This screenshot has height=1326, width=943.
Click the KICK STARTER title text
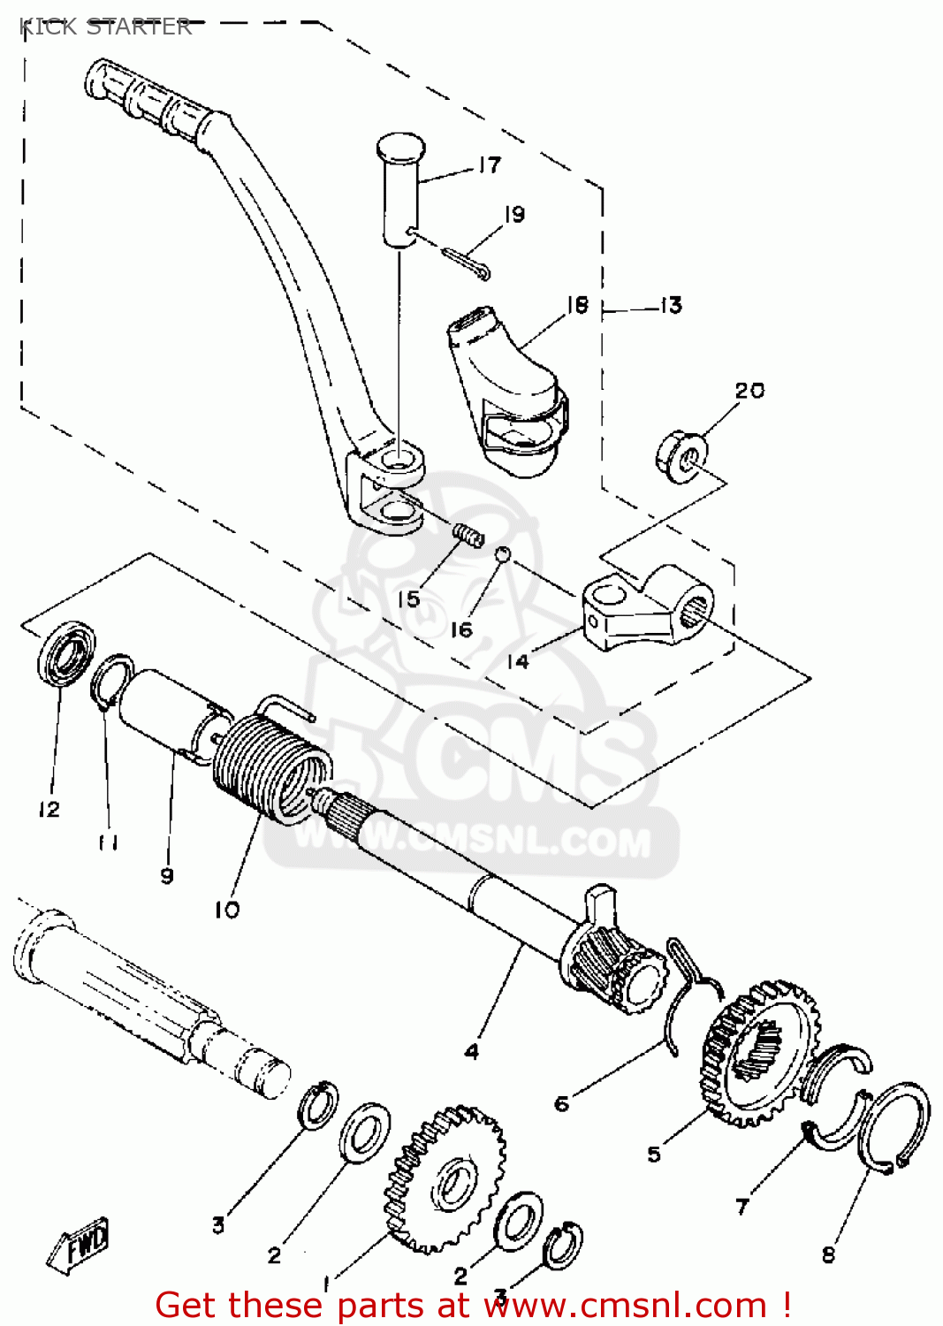104,27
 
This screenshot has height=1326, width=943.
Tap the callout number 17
490,164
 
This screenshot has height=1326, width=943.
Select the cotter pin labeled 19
465,263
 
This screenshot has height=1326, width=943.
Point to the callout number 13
672,306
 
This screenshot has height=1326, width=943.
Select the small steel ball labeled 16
501,554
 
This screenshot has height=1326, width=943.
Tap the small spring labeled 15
469,533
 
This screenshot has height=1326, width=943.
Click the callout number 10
226,909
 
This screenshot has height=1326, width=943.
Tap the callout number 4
472,1051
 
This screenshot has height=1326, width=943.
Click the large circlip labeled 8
894,1128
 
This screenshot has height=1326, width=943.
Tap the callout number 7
742,1205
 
